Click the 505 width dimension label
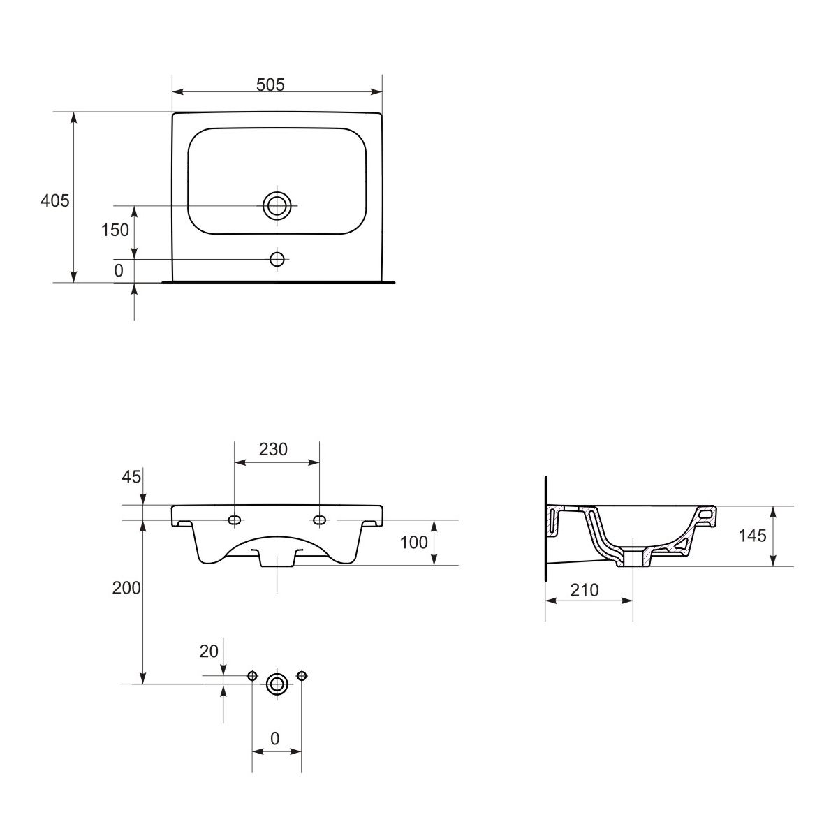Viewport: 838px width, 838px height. pyautogui.click(x=270, y=84)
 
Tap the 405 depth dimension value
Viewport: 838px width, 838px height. pyautogui.click(x=54, y=200)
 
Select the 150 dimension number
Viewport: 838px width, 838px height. pyautogui.click(x=115, y=230)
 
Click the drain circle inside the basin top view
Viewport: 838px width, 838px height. pyautogui.click(x=277, y=205)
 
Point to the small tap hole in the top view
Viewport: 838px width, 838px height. pyautogui.click(x=277, y=260)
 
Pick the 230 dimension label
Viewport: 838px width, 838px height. pyautogui.click(x=273, y=449)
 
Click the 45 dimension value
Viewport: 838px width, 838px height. pyautogui.click(x=131, y=477)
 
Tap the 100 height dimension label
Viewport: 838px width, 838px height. pyautogui.click(x=413, y=543)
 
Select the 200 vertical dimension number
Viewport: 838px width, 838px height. pyautogui.click(x=126, y=588)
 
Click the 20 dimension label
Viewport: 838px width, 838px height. pyautogui.click(x=209, y=652)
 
